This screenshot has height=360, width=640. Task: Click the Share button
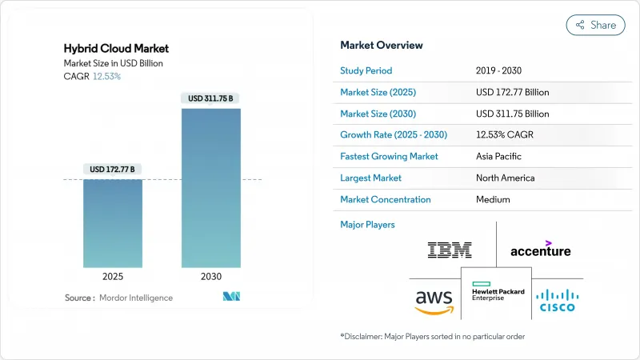click(x=596, y=25)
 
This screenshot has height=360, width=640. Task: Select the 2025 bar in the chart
click(x=113, y=224)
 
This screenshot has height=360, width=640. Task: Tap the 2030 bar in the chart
click(x=211, y=188)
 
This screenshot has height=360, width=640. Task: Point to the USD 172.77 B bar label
click(x=113, y=169)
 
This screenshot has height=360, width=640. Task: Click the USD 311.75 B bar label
click(x=211, y=98)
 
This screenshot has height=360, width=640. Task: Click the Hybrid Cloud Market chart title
click(x=116, y=49)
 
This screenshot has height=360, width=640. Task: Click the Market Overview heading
click(x=382, y=45)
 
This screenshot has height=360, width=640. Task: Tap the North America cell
click(x=505, y=178)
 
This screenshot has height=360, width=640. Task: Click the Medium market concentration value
click(x=492, y=199)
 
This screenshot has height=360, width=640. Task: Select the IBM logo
click(x=449, y=250)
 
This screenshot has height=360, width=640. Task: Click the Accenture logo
click(x=541, y=249)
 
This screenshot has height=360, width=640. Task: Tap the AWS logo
click(x=434, y=302)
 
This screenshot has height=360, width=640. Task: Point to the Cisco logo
click(x=557, y=299)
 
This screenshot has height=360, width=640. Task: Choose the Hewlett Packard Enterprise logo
click(x=498, y=291)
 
